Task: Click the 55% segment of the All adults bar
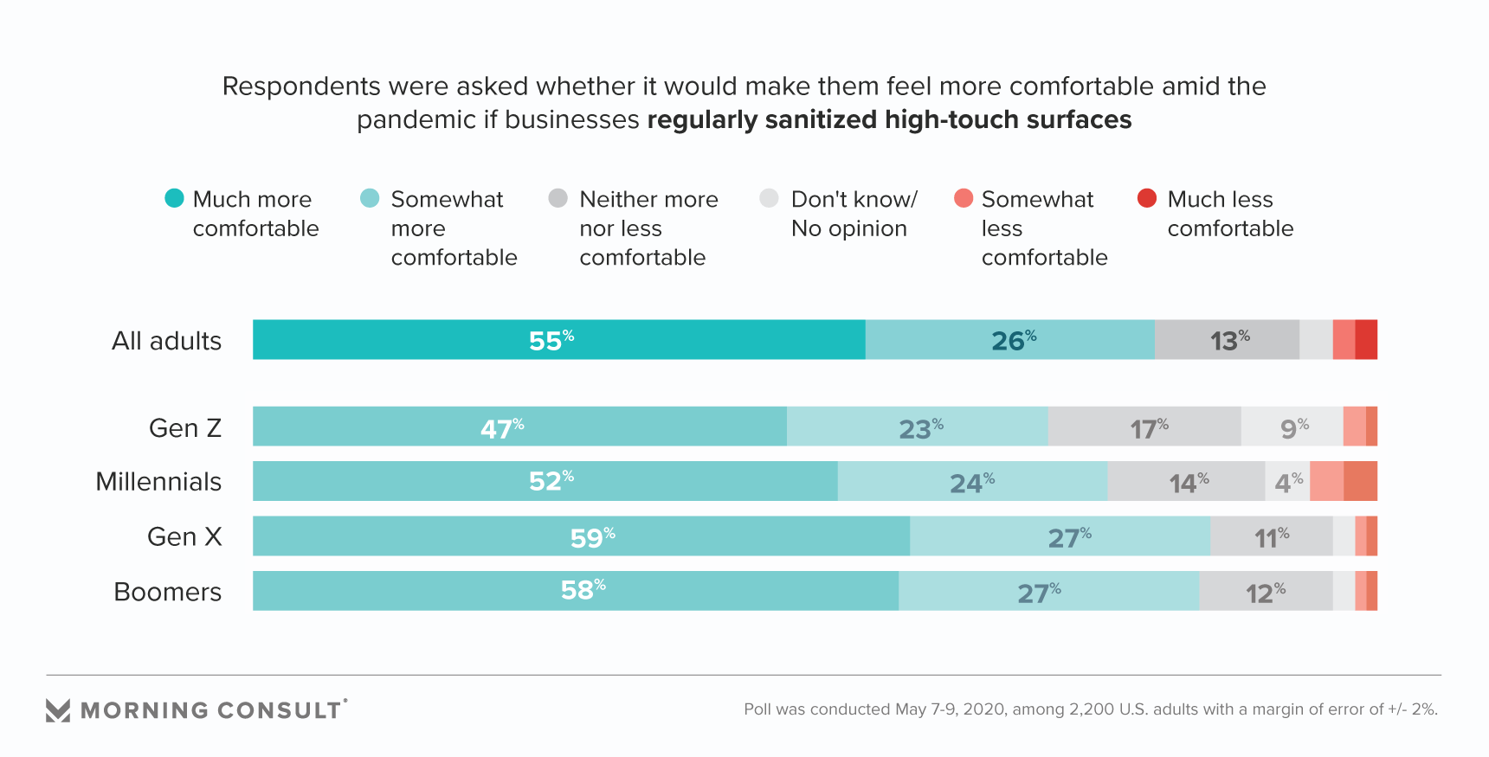[558, 340]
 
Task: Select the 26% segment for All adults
[1009, 340]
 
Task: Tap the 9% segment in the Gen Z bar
[1292, 427]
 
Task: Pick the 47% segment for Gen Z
[519, 427]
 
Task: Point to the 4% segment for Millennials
[1287, 481]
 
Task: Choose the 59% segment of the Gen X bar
[581, 536]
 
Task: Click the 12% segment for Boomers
[1266, 591]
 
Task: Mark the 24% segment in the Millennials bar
[972, 481]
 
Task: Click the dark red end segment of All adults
[1366, 340]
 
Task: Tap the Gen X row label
[184, 536]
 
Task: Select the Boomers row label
[168, 592]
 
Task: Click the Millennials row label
[158, 482]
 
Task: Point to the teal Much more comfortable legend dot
[175, 198]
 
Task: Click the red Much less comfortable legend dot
[1147, 198]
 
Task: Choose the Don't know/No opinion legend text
[854, 214]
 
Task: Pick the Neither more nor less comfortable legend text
[648, 228]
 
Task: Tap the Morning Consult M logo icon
[58, 710]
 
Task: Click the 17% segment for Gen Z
[1144, 427]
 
